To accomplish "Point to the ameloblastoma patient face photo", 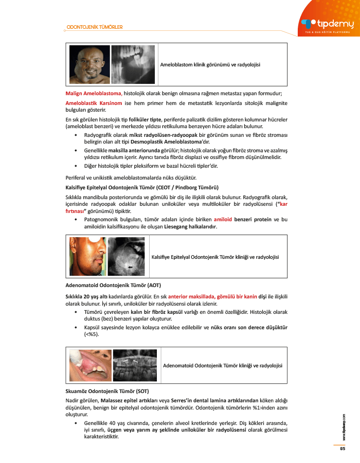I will (89, 64).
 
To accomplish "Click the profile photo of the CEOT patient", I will (88, 256).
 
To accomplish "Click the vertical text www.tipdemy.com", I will (344, 428).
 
